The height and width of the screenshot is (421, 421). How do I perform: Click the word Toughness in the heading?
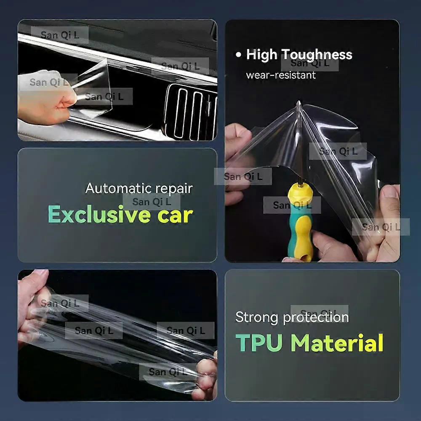point(317,55)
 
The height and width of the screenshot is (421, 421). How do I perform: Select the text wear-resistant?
point(280,75)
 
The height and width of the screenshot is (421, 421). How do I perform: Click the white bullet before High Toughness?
point(238,55)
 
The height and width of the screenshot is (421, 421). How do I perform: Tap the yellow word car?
point(175,216)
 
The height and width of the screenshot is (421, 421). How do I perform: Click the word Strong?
point(257,317)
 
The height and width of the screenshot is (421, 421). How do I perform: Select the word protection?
point(316,318)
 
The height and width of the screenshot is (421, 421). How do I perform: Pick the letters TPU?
point(259,343)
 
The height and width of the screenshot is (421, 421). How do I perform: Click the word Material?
point(337,343)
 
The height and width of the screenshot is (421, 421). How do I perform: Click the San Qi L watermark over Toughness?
point(310,63)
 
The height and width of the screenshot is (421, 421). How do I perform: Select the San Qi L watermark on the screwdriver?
point(292,205)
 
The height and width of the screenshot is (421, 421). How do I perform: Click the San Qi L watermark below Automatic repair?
point(152,202)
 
